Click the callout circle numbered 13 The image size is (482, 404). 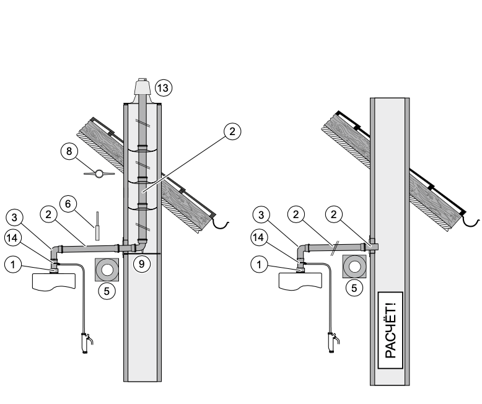click(163, 88)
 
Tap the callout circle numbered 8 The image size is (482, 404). click(69, 151)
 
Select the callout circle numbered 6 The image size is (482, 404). click(68, 203)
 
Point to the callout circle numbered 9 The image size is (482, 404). click(142, 264)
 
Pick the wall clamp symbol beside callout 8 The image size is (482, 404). click(99, 173)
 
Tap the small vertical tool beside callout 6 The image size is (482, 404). click(97, 226)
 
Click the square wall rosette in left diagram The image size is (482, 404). click(107, 270)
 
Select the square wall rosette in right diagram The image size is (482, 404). click(354, 266)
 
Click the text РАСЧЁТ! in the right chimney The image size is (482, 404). click(390, 330)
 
